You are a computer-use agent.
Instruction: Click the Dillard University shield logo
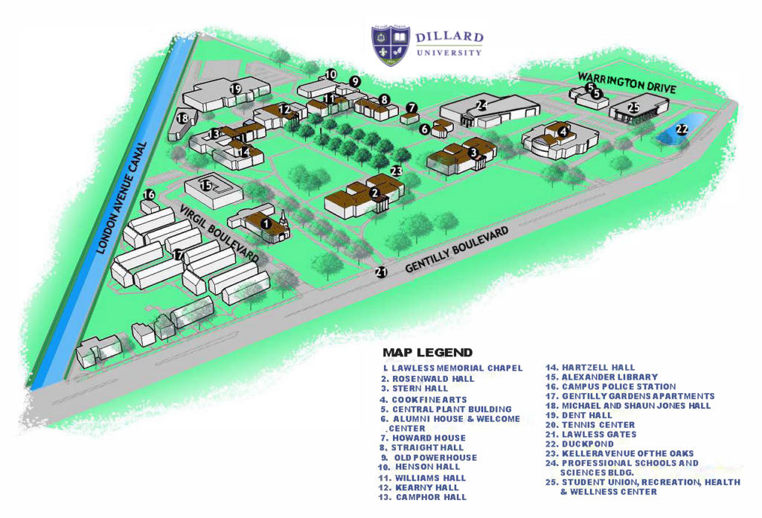[391, 45]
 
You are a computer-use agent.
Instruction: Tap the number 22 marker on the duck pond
[682, 129]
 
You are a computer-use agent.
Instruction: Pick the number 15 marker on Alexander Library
[206, 185]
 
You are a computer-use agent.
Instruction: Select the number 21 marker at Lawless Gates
[382, 272]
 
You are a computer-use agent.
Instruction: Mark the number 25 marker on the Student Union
[633, 107]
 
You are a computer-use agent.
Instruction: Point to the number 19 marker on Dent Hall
[235, 89]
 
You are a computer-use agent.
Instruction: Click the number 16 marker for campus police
[149, 195]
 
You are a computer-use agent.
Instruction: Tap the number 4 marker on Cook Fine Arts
[563, 132]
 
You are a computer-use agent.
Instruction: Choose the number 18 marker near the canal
[182, 118]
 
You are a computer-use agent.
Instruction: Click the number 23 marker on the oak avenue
[396, 170]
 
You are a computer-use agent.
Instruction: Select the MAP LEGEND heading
[427, 353]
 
